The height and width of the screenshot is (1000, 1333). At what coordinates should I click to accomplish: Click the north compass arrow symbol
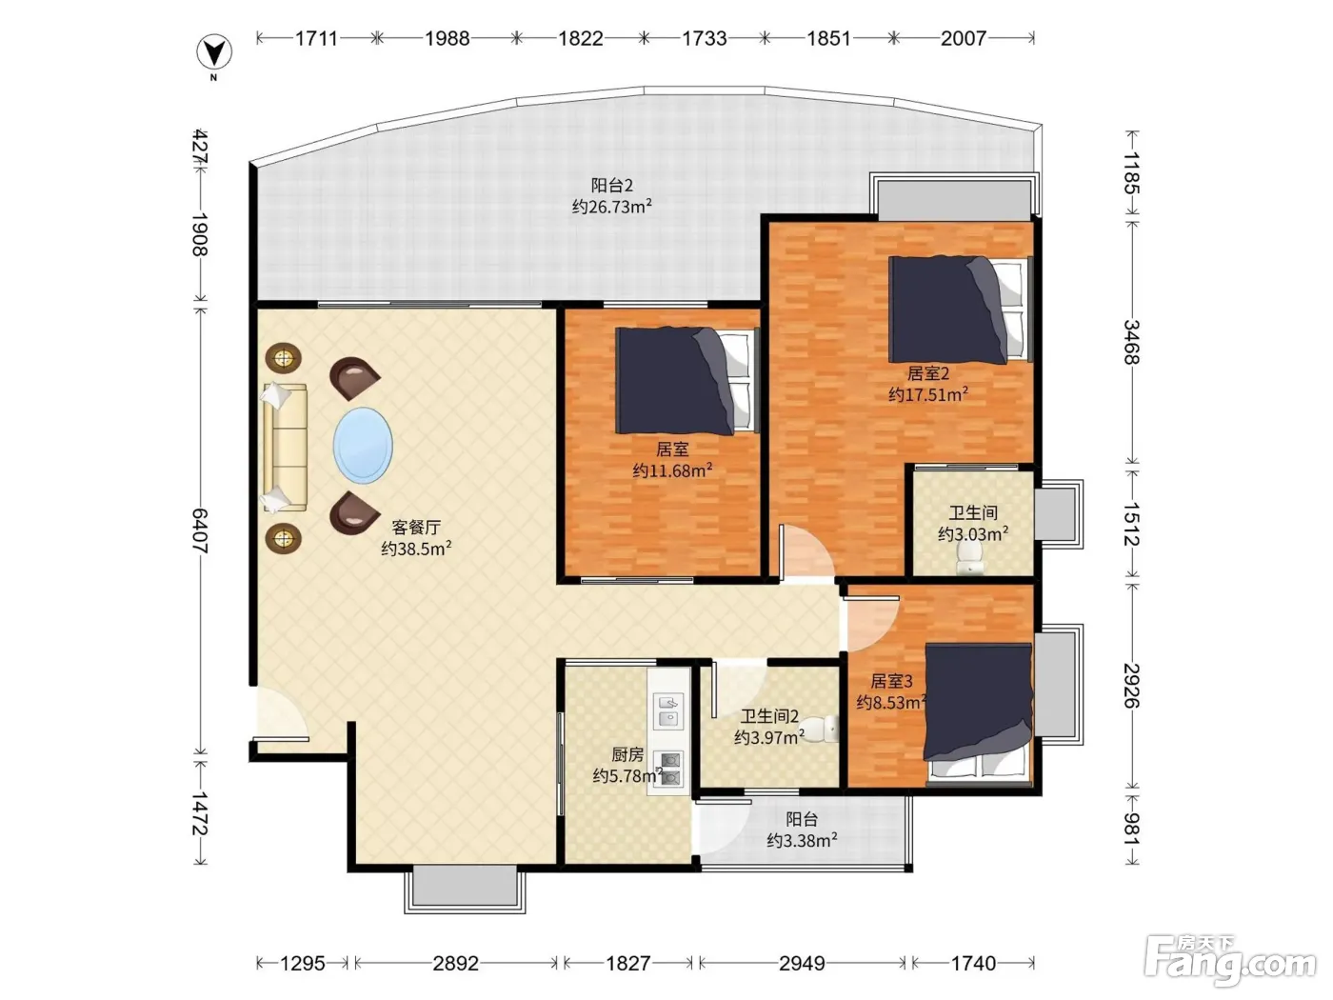point(214,52)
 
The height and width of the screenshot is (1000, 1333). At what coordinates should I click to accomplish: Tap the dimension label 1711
point(316,39)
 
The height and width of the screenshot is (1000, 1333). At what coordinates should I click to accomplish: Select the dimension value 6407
point(200,530)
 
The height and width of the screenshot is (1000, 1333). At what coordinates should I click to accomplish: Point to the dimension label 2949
point(802,963)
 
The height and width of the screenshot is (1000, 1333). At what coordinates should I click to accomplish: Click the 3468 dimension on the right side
point(1131,342)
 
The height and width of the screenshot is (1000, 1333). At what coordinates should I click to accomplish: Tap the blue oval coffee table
point(363,445)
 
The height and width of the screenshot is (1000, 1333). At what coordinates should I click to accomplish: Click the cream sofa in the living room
point(284,448)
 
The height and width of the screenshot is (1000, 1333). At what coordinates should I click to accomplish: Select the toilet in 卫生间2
point(819,729)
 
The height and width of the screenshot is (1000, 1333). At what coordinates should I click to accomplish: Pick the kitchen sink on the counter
point(668,711)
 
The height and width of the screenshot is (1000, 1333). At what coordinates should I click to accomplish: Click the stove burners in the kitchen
point(668,770)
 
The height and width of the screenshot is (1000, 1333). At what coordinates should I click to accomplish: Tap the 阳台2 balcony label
point(612,185)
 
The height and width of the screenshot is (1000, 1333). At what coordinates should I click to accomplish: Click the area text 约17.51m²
point(928,394)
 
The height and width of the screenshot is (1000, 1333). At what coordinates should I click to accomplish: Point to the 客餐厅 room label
point(416,527)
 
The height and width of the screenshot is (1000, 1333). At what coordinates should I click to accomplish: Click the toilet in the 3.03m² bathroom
point(968,558)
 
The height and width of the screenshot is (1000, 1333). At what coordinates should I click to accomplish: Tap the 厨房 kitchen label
point(627,754)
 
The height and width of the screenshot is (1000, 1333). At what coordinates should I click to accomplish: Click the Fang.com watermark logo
point(1230,961)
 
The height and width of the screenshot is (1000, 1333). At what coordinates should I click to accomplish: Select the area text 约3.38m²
point(802,841)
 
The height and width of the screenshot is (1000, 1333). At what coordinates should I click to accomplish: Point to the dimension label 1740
point(973,963)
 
